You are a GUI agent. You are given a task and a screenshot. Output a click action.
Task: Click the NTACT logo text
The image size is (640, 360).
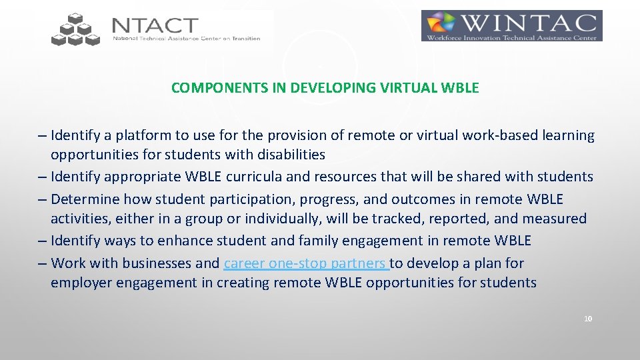(x=155, y=26)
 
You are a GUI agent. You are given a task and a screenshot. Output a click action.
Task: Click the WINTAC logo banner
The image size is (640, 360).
(x=511, y=26)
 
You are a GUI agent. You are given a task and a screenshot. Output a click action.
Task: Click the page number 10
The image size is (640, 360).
(x=587, y=319)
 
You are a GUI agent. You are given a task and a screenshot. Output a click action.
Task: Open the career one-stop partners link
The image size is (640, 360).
(x=306, y=263)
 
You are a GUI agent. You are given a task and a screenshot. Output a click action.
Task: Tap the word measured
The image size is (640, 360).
(x=555, y=219)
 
